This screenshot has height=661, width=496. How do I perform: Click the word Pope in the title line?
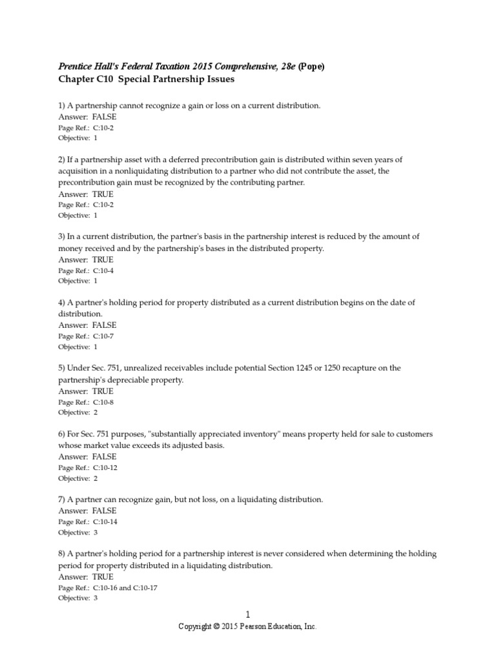coord(311,66)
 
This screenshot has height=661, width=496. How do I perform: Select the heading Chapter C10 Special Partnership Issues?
coord(147,79)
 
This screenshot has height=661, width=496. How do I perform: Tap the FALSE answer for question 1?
coord(104,117)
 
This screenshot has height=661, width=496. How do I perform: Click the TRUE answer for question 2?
coord(103,194)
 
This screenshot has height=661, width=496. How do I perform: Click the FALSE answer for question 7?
coord(104,511)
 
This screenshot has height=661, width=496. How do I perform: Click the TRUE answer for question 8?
coord(103,576)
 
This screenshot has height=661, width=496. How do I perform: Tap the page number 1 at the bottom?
coord(247,616)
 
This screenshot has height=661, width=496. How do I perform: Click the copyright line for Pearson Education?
coord(247,627)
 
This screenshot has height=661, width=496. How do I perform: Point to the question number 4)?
coord(62,303)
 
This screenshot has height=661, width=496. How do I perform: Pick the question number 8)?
coord(62,554)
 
